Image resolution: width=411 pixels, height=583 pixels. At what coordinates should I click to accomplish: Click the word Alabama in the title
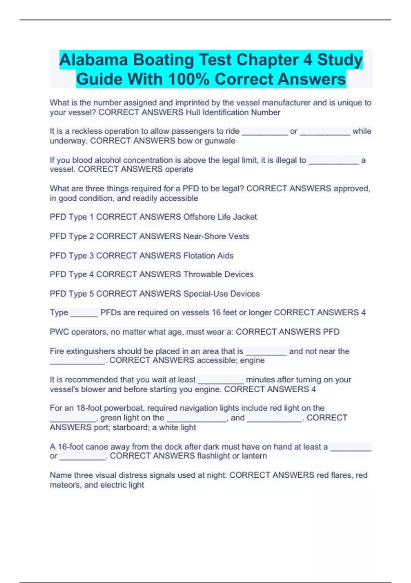point(94,60)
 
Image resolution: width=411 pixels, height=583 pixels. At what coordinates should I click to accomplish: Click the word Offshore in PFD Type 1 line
point(199,217)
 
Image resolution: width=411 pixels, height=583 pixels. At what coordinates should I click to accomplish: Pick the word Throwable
point(202,274)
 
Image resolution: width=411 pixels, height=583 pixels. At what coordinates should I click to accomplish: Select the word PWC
point(60,332)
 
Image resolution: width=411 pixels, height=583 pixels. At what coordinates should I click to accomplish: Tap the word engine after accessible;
point(252,360)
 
